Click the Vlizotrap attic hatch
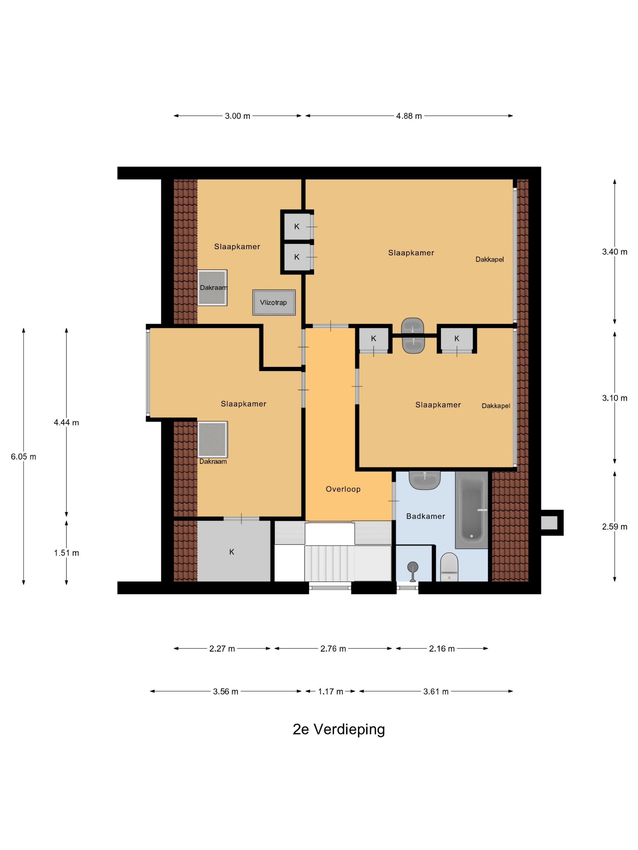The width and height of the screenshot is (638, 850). tap(274, 302)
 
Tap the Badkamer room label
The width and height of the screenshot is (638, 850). tap(425, 516)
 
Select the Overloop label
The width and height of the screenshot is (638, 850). tap(343, 489)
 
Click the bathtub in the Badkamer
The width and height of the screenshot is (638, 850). tap(472, 509)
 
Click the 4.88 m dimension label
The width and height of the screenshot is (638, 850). tap(409, 116)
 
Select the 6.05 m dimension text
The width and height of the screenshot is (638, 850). tap(23, 457)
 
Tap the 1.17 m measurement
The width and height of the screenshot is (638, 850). tap(330, 691)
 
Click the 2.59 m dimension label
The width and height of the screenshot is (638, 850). tap(615, 526)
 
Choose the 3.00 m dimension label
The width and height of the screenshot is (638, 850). tap(237, 116)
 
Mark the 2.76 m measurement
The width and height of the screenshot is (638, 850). tap(333, 649)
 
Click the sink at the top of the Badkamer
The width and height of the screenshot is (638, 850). tap(424, 480)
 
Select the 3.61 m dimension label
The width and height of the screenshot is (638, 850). tap(436, 691)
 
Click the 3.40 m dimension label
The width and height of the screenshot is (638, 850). tap(615, 252)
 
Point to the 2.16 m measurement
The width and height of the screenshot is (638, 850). tap(442, 649)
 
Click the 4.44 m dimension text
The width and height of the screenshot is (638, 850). tap(67, 422)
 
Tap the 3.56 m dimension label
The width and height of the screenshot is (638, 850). tap(226, 691)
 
